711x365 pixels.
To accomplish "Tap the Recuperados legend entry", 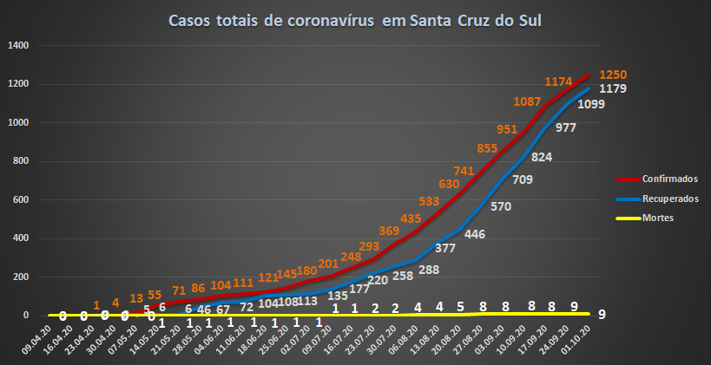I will point(669,199).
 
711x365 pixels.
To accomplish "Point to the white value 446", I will point(474,233).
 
